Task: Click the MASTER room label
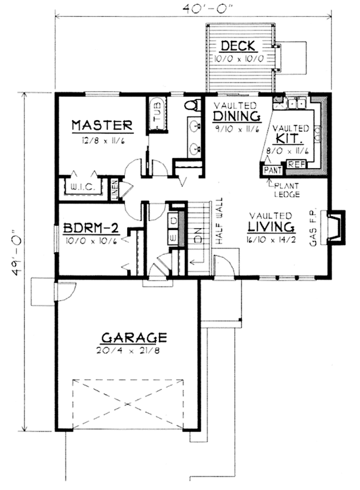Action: point(101,126)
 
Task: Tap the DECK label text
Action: point(238,46)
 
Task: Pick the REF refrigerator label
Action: point(295,163)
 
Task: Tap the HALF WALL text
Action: point(221,221)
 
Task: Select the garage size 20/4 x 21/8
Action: point(133,349)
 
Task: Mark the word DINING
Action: point(236,116)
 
